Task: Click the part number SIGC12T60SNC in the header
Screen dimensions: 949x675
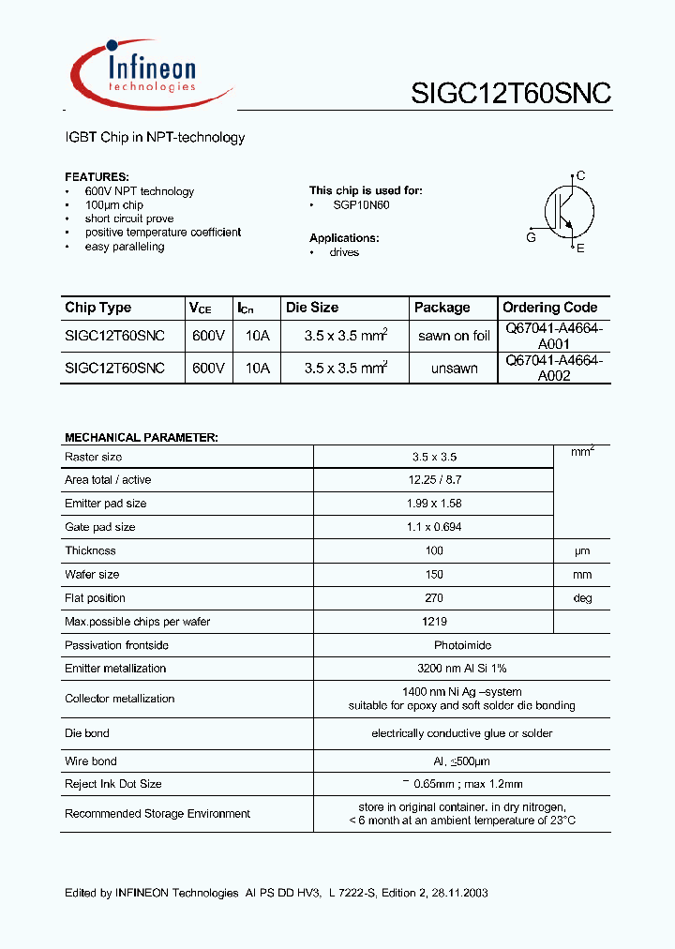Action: pos(511,93)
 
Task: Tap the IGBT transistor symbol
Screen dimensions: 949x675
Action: pos(562,212)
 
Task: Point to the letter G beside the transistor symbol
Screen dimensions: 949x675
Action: pos(532,237)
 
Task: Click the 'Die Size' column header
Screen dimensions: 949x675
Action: pos(312,308)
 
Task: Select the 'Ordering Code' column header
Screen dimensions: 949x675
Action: pos(549,308)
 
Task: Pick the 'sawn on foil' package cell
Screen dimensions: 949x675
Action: pos(454,336)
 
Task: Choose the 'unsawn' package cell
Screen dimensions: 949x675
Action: pos(454,369)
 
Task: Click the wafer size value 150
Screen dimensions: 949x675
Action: pos(435,575)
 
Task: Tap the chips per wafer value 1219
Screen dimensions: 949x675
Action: pos(435,622)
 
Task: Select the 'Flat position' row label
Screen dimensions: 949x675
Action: pos(95,598)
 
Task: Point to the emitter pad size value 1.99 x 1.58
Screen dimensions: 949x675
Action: pos(435,504)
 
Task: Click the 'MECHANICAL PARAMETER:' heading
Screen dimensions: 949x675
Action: pos(141,438)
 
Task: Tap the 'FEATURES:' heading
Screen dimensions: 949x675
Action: pos(97,176)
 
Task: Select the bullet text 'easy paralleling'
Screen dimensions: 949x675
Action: pos(124,247)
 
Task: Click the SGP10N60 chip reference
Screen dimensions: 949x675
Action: pos(361,204)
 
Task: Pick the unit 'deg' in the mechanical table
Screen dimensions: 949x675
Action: pos(582,598)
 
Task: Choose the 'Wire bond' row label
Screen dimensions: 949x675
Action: pos(91,761)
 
